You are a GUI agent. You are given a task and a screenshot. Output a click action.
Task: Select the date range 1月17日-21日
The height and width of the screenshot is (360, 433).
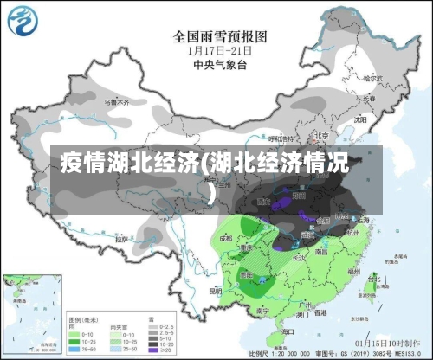click(x=216, y=50)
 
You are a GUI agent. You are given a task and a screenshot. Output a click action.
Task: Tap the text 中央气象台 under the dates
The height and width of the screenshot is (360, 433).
click(x=216, y=64)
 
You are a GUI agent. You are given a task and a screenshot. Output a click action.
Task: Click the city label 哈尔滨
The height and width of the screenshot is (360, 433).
click(x=373, y=78)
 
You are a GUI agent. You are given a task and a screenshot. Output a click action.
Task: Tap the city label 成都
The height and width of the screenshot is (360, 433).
click(x=226, y=236)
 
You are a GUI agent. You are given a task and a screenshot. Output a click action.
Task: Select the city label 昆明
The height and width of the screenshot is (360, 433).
click(x=216, y=292)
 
